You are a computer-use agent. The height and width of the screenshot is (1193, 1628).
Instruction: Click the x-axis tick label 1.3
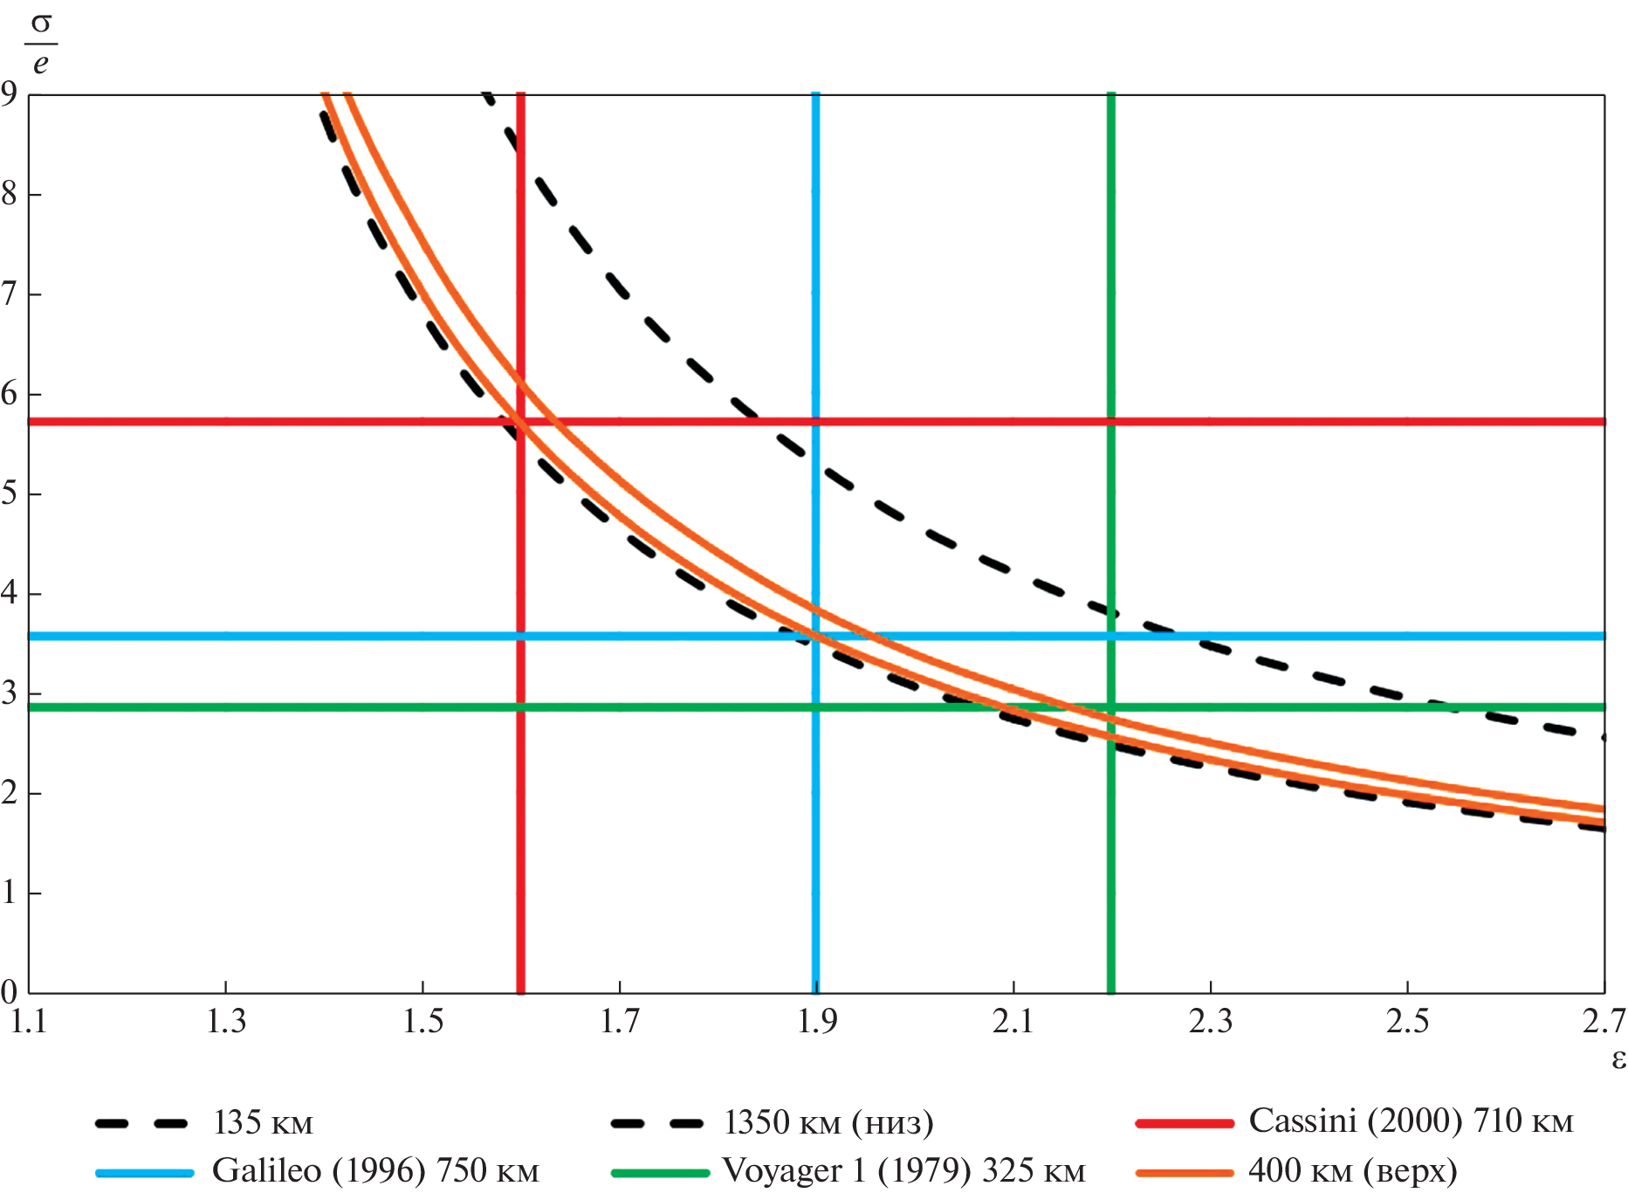click(x=226, y=1021)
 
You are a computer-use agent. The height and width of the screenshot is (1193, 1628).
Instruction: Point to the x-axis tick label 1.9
click(x=817, y=1021)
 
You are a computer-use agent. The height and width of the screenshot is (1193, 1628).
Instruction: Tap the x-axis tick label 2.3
click(x=1211, y=1021)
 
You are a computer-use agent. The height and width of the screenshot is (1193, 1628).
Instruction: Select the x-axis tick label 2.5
click(x=1407, y=1021)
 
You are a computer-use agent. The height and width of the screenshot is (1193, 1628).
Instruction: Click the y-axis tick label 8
click(x=10, y=194)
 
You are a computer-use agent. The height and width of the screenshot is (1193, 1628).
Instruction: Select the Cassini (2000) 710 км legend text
click(x=1411, y=1121)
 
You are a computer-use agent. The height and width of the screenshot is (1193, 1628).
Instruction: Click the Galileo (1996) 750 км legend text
click(x=375, y=1171)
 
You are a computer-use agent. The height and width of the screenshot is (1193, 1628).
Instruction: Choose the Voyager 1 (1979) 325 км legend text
click(x=903, y=1171)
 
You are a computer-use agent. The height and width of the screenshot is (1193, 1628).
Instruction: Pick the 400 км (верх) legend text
click(x=1352, y=1171)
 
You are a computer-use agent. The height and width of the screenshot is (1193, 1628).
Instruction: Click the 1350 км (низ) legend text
click(x=828, y=1122)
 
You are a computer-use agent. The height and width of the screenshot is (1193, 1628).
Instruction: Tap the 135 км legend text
click(x=263, y=1122)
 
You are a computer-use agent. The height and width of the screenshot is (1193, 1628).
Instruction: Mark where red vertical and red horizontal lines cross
click(x=521, y=422)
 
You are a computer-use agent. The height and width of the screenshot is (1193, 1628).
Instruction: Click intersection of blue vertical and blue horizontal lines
click(x=815, y=636)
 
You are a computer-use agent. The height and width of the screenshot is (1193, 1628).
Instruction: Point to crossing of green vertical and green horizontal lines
click(x=1111, y=707)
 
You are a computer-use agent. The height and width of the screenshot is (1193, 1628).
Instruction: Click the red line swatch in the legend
click(x=1185, y=1123)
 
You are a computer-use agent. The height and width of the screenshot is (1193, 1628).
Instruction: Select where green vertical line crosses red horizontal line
click(x=1111, y=422)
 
